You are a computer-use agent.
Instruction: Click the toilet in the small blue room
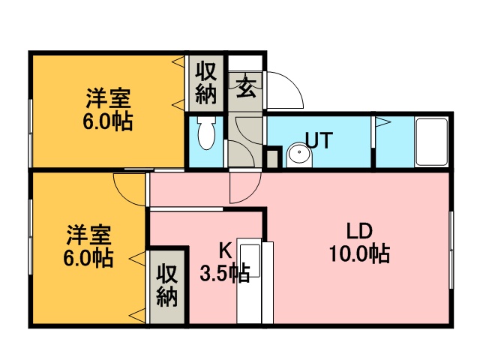[x=206, y=133]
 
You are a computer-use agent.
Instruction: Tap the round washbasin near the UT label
[x=299, y=155]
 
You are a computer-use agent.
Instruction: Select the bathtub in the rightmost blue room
[x=432, y=142]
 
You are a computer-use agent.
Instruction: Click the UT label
[x=319, y=140]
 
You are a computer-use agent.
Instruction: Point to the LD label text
[x=359, y=231]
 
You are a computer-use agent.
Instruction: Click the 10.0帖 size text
[x=359, y=253]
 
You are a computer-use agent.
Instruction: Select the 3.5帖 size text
[x=225, y=273]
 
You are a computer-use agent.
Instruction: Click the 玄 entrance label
[x=245, y=87]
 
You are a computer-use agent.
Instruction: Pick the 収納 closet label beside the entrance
[x=206, y=83]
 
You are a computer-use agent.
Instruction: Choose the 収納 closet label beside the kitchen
[x=167, y=286]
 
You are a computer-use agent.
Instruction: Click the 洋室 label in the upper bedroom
[x=108, y=98]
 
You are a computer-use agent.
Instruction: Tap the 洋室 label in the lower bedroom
[x=88, y=235]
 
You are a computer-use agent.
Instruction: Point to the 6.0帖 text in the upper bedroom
[x=108, y=121]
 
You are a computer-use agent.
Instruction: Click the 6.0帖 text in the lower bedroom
[x=88, y=258]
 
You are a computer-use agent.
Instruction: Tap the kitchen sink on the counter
[x=250, y=260]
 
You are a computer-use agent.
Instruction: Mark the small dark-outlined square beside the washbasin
[x=274, y=157]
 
